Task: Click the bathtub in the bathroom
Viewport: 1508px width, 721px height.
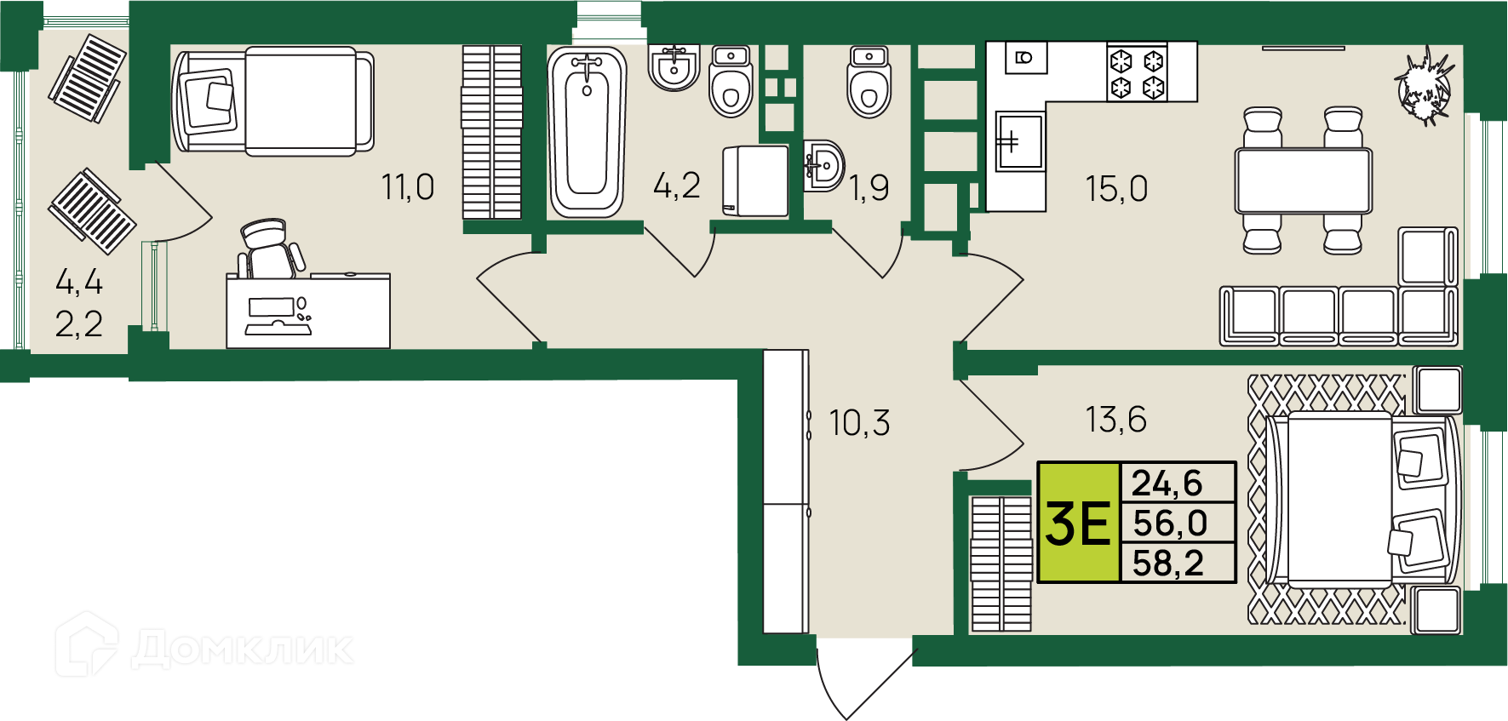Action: tap(587, 131)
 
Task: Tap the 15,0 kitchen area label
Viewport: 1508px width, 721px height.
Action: tap(1116, 189)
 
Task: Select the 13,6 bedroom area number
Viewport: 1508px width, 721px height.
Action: tap(1115, 420)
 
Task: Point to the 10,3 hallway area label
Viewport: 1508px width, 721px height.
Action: tap(860, 423)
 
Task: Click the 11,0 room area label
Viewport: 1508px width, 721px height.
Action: tap(408, 187)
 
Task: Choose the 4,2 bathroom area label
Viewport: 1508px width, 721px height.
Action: tap(677, 186)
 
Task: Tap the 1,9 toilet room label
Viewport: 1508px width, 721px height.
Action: tap(869, 188)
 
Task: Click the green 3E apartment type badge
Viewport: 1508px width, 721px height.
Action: tap(1079, 523)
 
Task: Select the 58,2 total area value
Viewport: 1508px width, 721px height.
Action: tap(1168, 564)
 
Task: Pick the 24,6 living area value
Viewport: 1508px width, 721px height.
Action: tap(1167, 484)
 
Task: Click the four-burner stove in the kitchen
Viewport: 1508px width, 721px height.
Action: tap(1138, 73)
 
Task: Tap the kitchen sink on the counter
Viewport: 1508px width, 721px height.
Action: tap(1019, 141)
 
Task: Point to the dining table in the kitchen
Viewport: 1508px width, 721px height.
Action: tap(1304, 180)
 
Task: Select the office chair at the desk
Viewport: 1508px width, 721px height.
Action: tap(270, 249)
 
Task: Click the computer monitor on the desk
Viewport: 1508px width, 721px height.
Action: tap(271, 306)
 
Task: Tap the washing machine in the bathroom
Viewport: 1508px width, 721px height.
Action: tap(755, 181)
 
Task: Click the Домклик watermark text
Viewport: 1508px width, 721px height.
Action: tap(243, 649)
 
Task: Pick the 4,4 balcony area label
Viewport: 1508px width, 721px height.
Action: tap(79, 281)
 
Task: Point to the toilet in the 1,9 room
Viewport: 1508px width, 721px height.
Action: tap(869, 83)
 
